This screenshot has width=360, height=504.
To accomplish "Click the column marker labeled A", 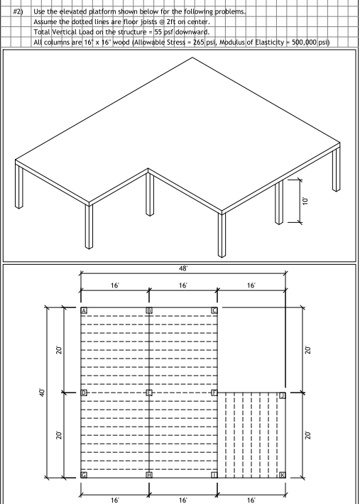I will point(84,311).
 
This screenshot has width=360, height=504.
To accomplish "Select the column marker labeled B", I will point(149,311).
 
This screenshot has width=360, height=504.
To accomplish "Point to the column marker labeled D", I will point(84,393).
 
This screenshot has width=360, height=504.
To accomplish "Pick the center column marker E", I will point(149,393).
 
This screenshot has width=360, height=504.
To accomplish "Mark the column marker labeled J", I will point(282,395).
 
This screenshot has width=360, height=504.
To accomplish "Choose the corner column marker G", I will point(84,474).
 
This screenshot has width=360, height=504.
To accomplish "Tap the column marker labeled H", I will point(149,474).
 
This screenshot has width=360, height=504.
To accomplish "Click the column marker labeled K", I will point(282,474).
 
